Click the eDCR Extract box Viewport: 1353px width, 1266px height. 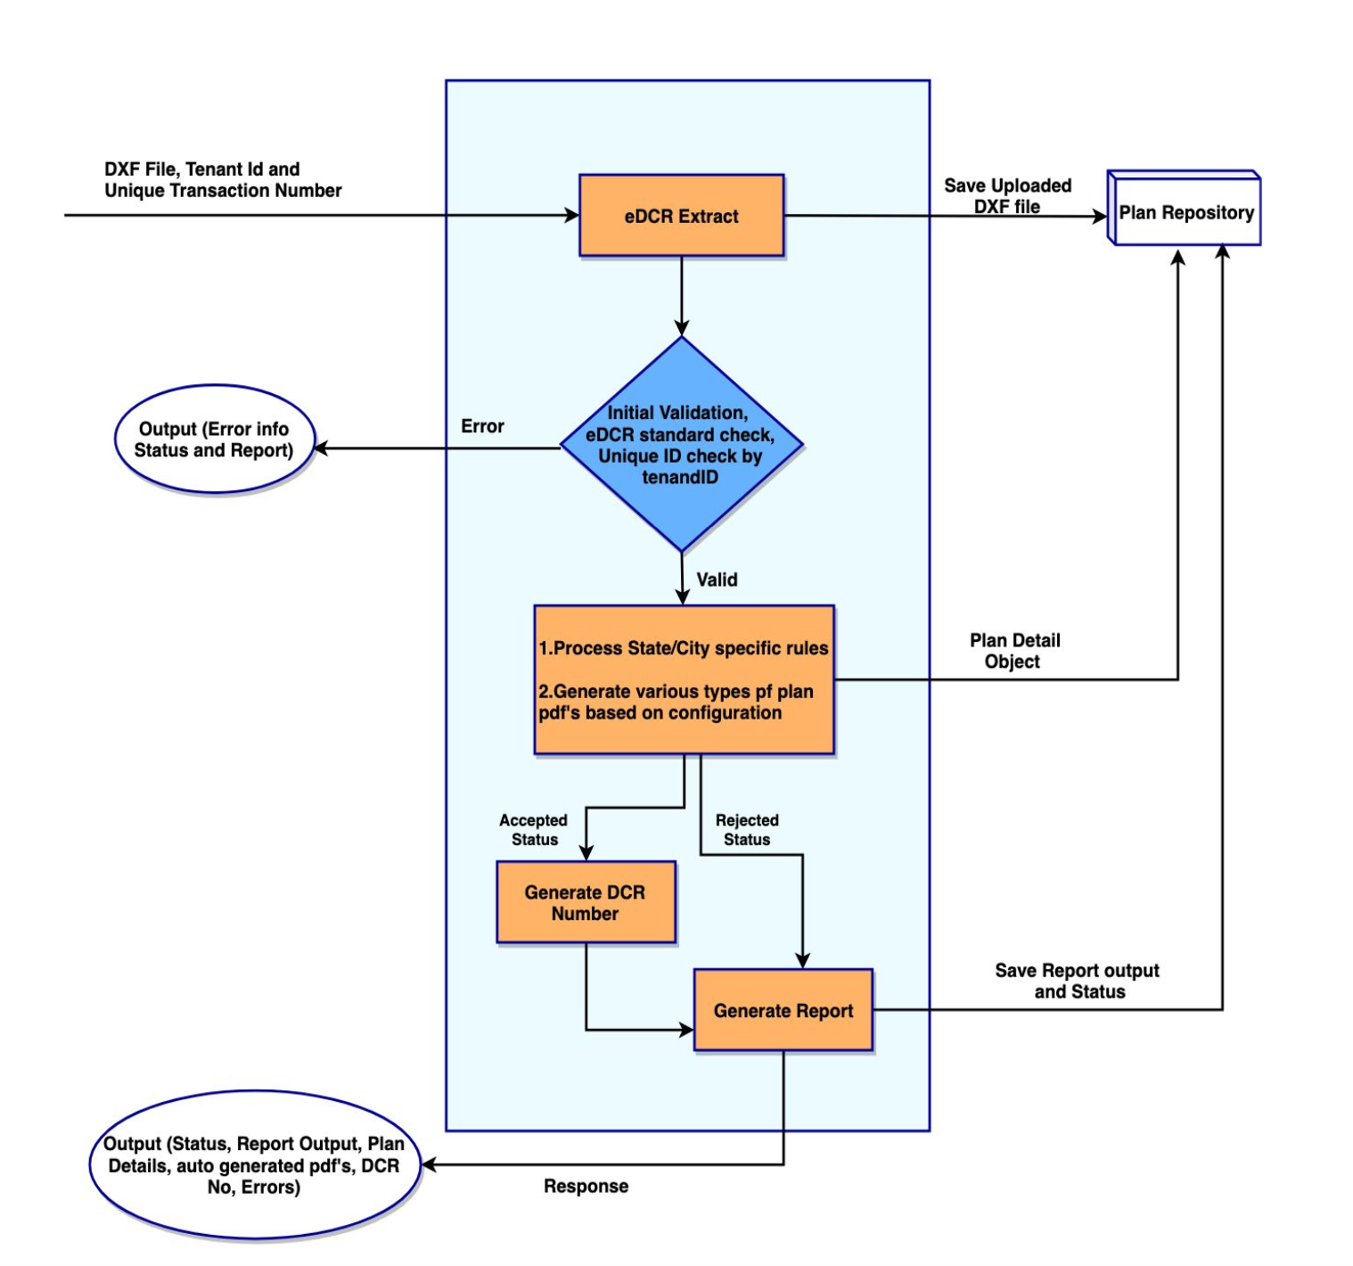pyautogui.click(x=681, y=216)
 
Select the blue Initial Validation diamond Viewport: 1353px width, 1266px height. pyautogui.click(x=681, y=444)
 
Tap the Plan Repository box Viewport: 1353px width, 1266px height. pyautogui.click(x=1185, y=212)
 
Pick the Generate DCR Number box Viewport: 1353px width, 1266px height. pyautogui.click(x=585, y=902)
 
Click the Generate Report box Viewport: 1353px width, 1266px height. pyautogui.click(x=783, y=1010)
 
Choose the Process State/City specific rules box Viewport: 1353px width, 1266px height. pyautogui.click(x=684, y=679)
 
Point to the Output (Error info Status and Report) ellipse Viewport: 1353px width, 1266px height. pyautogui.click(x=214, y=440)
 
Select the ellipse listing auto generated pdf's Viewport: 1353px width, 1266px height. pyautogui.click(x=254, y=1164)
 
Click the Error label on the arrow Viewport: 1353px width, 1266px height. pyautogui.click(x=482, y=426)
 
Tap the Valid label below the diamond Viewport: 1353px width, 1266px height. pyautogui.click(x=717, y=580)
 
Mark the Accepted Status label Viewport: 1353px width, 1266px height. pyautogui.click(x=533, y=829)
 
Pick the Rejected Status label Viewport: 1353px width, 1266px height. pyautogui.click(x=747, y=829)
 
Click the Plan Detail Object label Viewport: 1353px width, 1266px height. pyautogui.click(x=1014, y=651)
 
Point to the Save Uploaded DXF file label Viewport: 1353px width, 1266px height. pyautogui.click(x=1007, y=195)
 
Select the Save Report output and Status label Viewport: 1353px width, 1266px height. pyautogui.click(x=1078, y=981)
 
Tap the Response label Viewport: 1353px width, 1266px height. pyautogui.click(x=586, y=1186)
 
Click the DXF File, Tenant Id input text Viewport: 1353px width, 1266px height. pyautogui.click(x=223, y=179)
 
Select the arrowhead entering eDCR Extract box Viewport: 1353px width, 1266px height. pyautogui.click(x=571, y=215)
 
